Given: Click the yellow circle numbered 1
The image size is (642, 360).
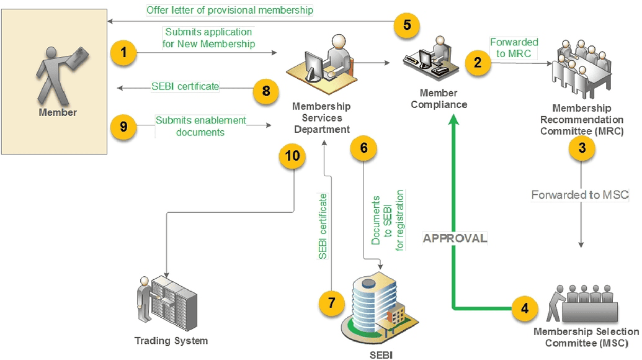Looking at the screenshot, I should [124, 53].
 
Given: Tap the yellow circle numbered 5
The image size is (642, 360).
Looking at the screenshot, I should [407, 25].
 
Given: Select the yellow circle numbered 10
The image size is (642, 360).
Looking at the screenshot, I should [292, 156].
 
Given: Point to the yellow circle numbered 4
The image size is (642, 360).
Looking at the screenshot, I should [525, 307].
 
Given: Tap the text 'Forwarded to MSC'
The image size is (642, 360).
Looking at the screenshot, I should [580, 195].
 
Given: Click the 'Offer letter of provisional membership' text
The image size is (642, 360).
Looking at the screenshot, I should [230, 10].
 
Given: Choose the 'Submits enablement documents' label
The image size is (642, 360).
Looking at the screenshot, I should [200, 126].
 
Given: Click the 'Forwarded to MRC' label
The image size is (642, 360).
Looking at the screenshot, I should [514, 48].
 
